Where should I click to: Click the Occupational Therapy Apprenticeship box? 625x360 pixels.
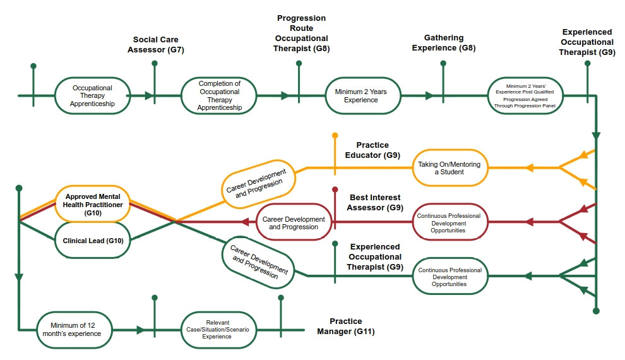tap(93, 96)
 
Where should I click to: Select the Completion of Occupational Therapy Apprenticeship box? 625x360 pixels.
tap(219, 96)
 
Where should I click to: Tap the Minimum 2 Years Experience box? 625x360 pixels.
tap(361, 96)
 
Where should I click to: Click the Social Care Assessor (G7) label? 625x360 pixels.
tap(158, 44)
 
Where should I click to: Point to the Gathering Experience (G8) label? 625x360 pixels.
tap(443, 43)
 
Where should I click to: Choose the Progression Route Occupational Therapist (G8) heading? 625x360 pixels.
tap(302, 33)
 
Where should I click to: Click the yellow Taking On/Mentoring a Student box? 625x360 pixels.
tap(449, 168)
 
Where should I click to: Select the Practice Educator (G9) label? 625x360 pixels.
tap(372, 150)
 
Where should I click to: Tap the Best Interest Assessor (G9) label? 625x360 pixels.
tap(376, 202)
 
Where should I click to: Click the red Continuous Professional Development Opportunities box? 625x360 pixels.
tap(449, 223)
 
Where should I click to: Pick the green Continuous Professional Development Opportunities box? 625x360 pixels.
tap(449, 277)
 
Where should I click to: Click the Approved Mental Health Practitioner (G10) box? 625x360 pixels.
tap(92, 203)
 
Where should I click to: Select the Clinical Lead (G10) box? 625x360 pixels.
tap(92, 241)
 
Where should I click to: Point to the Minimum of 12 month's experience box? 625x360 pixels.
tap(76, 330)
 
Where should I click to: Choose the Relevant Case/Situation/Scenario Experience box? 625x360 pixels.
tap(218, 330)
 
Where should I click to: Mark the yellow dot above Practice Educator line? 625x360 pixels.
tap(335, 135)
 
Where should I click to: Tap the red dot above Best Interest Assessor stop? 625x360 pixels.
tap(335, 189)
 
